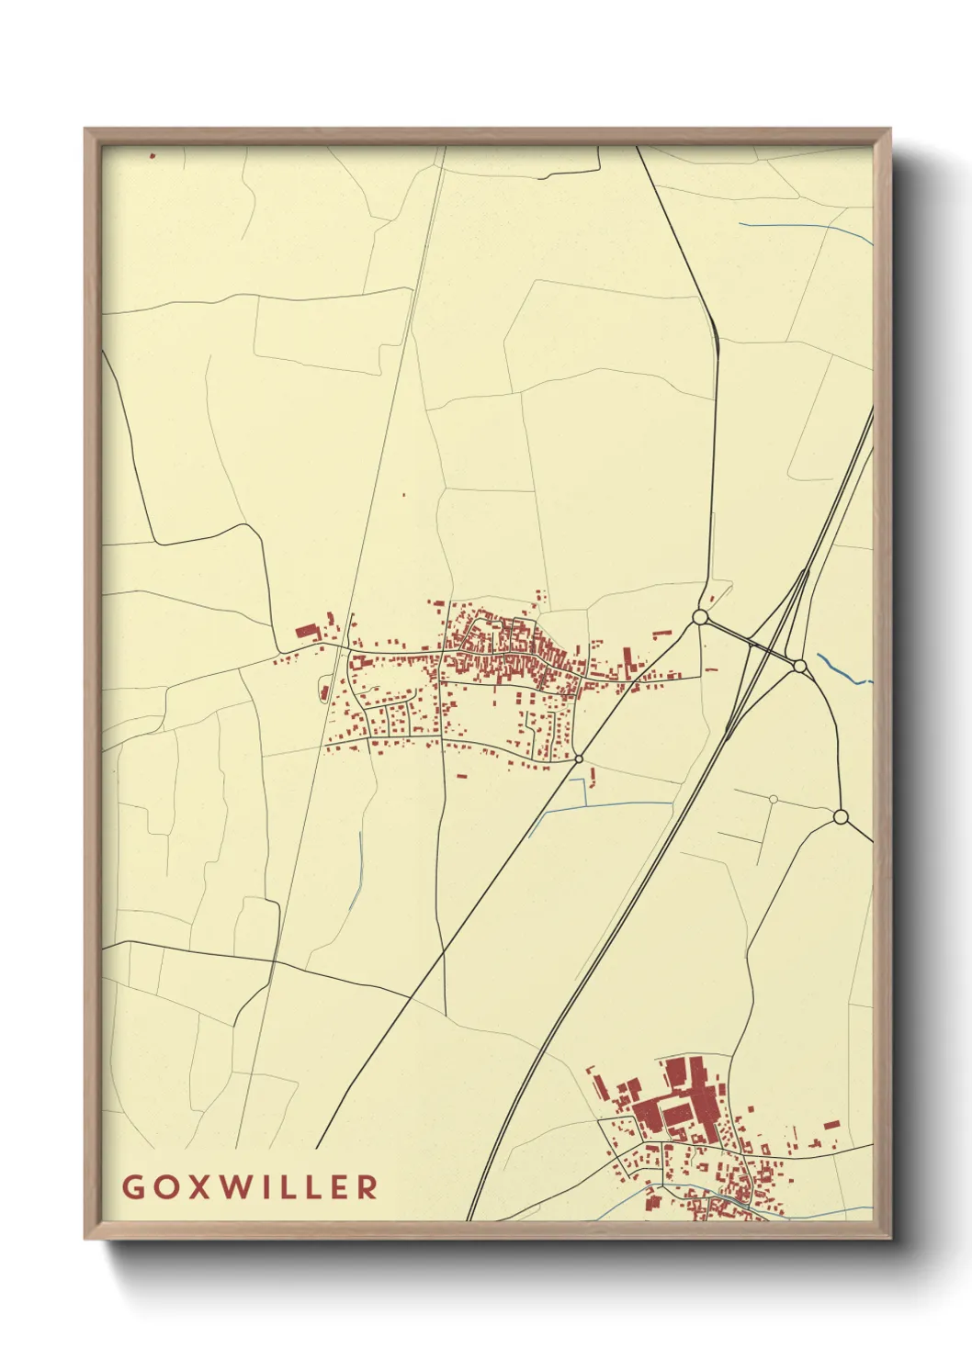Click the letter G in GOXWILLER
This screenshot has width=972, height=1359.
point(131,1186)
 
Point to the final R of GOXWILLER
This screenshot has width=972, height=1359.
point(367,1186)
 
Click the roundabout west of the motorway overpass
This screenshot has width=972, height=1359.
point(700,618)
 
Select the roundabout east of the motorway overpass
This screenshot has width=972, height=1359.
point(799,666)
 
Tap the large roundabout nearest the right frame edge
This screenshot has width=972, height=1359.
point(840,816)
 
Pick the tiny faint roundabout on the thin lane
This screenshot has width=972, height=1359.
point(774,799)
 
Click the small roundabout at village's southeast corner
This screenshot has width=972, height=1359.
point(579,758)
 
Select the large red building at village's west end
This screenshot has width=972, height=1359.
point(305,632)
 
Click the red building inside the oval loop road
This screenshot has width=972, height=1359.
point(325,691)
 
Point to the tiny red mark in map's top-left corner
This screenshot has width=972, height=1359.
point(153,156)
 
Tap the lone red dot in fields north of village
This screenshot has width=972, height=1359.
point(403,496)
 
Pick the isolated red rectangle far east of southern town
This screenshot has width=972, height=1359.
point(831,1124)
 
